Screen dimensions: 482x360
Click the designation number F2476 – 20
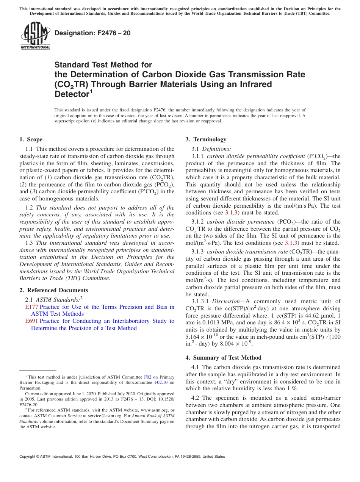click(x=92, y=33)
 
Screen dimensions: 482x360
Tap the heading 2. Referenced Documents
click(x=53, y=290)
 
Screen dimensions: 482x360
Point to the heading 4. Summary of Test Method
click(x=223, y=357)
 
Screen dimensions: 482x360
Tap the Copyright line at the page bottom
click(x=122, y=457)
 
